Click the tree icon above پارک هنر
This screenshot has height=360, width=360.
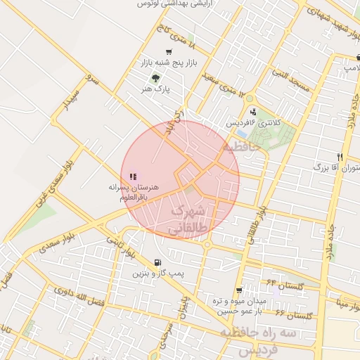155,77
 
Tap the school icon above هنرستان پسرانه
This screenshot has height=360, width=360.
133,177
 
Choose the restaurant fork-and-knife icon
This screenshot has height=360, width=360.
340,157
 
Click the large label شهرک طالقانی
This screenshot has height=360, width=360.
187,219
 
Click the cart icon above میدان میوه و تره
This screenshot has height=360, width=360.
239,290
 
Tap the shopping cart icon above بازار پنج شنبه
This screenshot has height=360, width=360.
168,52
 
